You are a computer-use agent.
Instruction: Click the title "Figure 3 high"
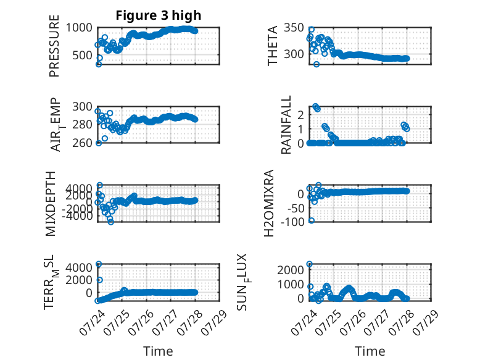(x=159, y=15)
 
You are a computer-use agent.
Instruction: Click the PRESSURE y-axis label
(x=54, y=46)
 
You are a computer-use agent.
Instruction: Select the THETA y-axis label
(x=272, y=46)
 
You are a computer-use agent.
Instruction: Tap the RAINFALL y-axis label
(x=286, y=125)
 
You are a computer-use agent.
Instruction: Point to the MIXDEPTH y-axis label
(x=50, y=204)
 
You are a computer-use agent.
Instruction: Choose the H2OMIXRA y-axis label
(x=269, y=203)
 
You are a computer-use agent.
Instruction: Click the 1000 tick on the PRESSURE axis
(x=79, y=28)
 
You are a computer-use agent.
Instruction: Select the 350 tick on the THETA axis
(x=294, y=28)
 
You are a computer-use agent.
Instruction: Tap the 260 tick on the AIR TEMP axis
(x=82, y=143)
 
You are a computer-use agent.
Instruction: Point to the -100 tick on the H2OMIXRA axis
(x=292, y=222)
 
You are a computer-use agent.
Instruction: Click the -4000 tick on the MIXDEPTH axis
(x=78, y=216)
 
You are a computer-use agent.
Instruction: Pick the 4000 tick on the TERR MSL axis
(x=79, y=267)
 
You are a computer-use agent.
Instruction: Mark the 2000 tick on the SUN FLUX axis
(x=291, y=270)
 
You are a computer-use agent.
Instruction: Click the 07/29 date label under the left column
(x=214, y=322)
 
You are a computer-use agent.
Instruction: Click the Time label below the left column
(x=159, y=351)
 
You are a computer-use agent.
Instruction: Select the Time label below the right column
(x=370, y=351)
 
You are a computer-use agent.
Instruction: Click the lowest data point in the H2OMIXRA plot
(x=312, y=220)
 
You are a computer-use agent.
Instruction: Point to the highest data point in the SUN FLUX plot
(x=310, y=264)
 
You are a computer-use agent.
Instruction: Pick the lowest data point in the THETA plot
(x=317, y=64)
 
